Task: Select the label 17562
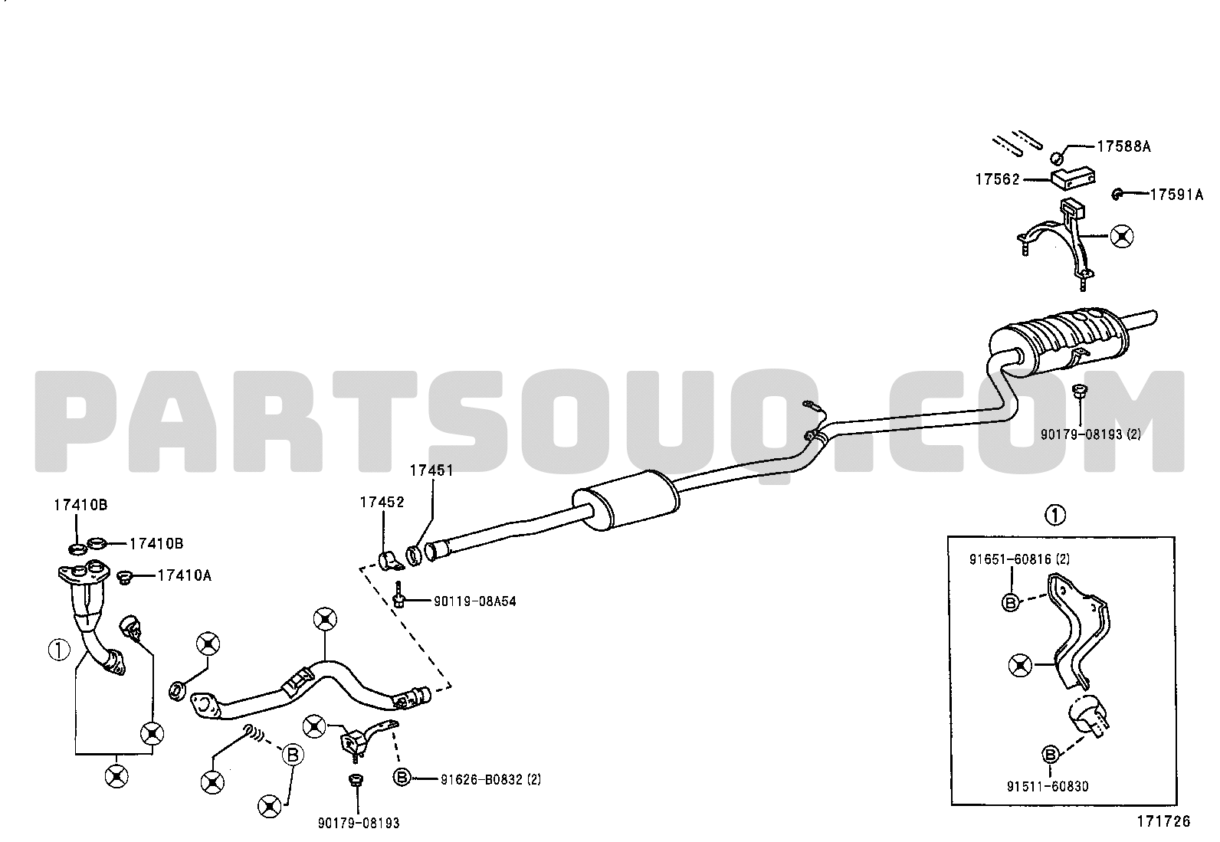(997, 179)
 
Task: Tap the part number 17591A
(1176, 195)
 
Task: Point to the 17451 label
(431, 470)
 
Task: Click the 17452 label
(382, 502)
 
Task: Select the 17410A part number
(184, 575)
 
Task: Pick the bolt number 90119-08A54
(475, 602)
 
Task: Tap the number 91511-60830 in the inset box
(1048, 786)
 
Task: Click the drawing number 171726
(1163, 821)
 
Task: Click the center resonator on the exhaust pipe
(626, 500)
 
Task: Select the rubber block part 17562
(1072, 178)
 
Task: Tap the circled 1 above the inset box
(1055, 515)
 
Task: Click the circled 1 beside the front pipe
(59, 650)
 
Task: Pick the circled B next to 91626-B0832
(402, 777)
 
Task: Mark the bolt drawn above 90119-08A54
(398, 595)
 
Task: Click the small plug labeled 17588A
(1056, 158)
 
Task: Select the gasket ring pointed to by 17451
(414, 555)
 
